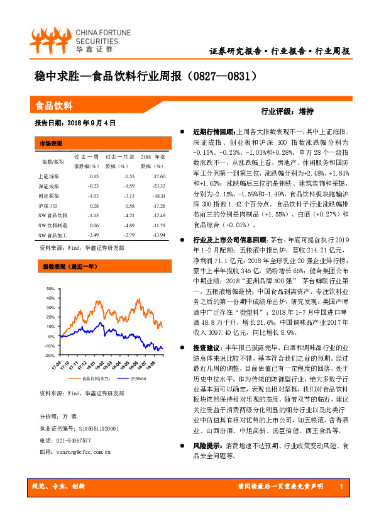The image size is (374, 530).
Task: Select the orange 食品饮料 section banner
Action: coord(101,106)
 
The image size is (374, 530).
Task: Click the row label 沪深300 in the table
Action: coord(48,206)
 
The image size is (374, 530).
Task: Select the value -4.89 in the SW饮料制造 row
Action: coord(126,225)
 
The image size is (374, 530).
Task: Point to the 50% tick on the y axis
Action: coord(50,289)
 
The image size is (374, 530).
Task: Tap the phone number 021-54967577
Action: coord(74,441)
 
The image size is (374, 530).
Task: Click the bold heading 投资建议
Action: coord(206,348)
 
